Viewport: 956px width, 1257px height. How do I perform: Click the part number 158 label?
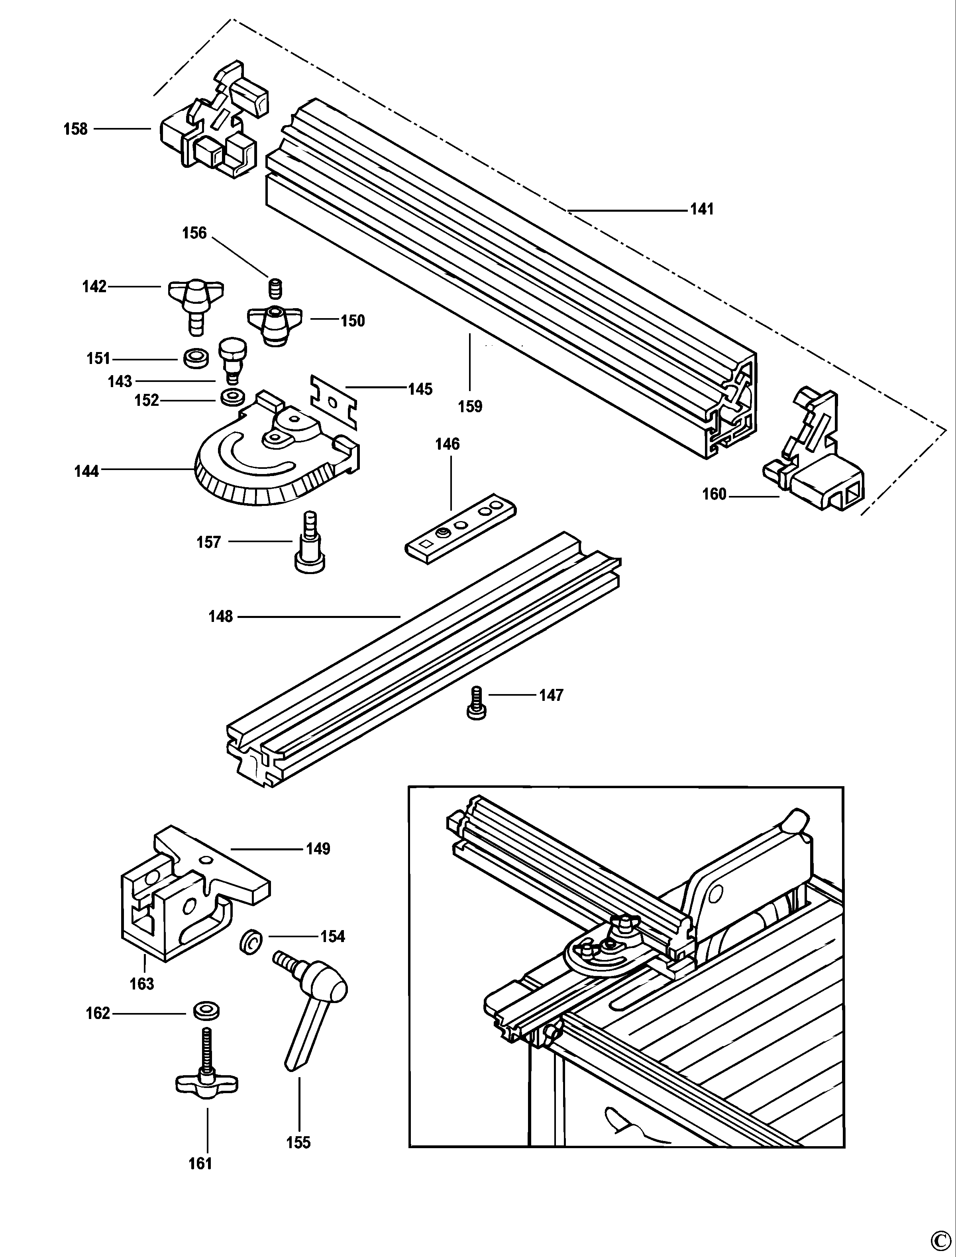[76, 129]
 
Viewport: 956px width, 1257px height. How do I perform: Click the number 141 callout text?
[702, 210]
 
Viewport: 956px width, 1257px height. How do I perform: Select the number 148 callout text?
[221, 617]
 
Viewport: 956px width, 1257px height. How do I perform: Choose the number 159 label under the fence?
[470, 407]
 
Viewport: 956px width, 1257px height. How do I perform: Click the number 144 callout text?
[86, 471]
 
